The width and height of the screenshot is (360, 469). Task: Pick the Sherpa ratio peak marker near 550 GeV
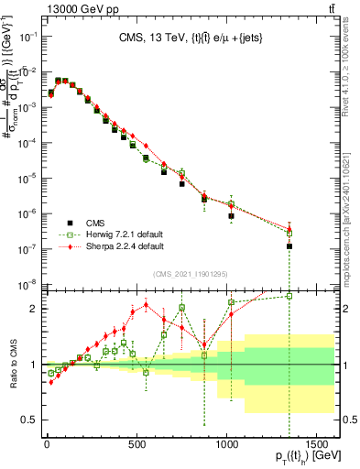[147, 305]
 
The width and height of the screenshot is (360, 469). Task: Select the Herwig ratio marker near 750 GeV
[182, 308]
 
